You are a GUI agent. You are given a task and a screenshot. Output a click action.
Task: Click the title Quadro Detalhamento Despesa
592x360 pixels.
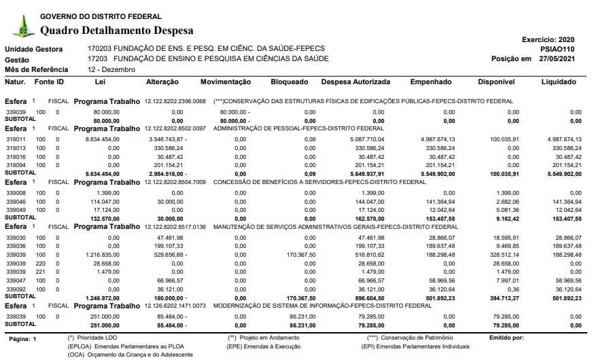coord(117,30)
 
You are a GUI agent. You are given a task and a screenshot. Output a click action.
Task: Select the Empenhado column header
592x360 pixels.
coord(430,82)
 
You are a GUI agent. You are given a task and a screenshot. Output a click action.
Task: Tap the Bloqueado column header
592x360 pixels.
coord(290,82)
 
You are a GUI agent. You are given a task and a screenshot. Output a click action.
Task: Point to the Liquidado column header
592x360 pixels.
coord(558,82)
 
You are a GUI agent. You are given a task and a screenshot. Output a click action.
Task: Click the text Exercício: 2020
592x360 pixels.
coord(549,40)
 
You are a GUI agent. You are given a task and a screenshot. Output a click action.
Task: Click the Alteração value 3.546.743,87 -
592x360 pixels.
coord(158,139)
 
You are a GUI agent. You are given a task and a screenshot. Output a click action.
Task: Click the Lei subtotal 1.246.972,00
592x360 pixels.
coord(103,297)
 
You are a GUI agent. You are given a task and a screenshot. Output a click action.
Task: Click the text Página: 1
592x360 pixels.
coord(23,338)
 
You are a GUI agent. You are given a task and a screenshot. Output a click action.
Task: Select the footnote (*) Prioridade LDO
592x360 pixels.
coord(92,337)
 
